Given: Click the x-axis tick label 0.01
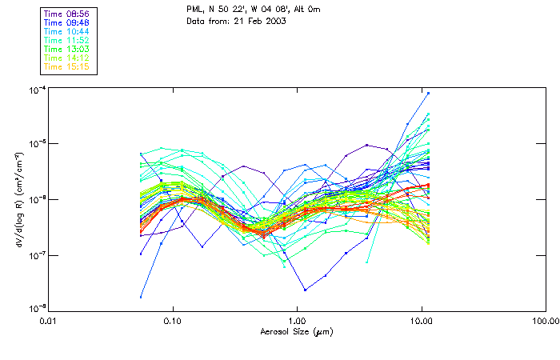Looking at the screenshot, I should click(x=49, y=322).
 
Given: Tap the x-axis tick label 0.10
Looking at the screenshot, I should click(x=173, y=322).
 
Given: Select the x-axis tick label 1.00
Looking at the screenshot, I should click(x=298, y=322).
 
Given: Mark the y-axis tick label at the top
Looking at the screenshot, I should click(x=35, y=89).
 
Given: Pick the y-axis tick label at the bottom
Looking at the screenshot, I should click(x=35, y=310).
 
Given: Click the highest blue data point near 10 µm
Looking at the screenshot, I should click(x=429, y=93).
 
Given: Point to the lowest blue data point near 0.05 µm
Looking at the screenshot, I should click(x=141, y=297).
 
